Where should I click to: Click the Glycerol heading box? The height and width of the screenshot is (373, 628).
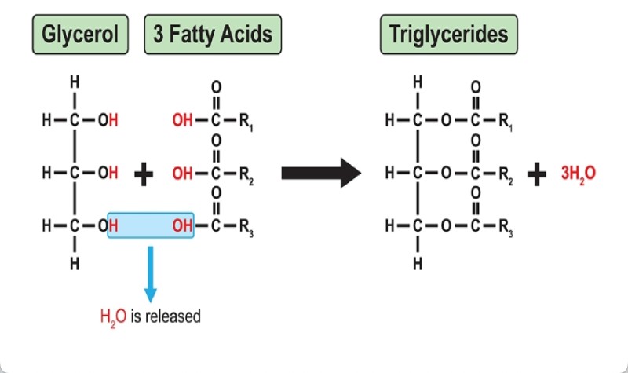pyautogui.click(x=79, y=35)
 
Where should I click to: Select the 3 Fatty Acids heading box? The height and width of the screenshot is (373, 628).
pyautogui.click(x=213, y=35)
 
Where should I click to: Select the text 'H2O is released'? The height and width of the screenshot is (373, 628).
pyautogui.click(x=150, y=317)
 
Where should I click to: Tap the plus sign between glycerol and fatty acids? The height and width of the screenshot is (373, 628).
pyautogui.click(x=144, y=174)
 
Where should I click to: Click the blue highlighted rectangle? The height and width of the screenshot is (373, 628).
pyautogui.click(x=150, y=225)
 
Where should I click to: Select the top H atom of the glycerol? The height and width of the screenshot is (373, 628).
pyautogui.click(x=74, y=82)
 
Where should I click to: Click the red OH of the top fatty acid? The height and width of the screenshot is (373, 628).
pyautogui.click(x=181, y=122)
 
